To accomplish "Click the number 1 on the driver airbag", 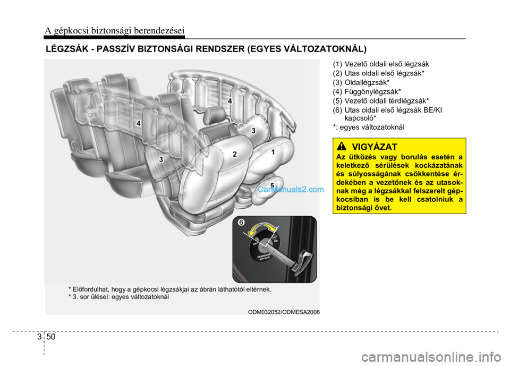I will tap(273, 152).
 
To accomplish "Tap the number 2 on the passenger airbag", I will tap(234, 154).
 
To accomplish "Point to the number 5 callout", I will tap(271, 185).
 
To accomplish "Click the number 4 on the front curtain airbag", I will tap(230, 100).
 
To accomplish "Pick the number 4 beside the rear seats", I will tap(138, 123).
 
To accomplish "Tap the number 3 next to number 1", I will tap(253, 131).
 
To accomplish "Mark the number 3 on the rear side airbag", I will tap(160, 159).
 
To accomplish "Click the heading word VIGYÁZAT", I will tap(375, 145).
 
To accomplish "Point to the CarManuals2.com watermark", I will tap(291, 189).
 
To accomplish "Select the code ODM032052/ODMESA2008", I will tap(284, 312).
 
